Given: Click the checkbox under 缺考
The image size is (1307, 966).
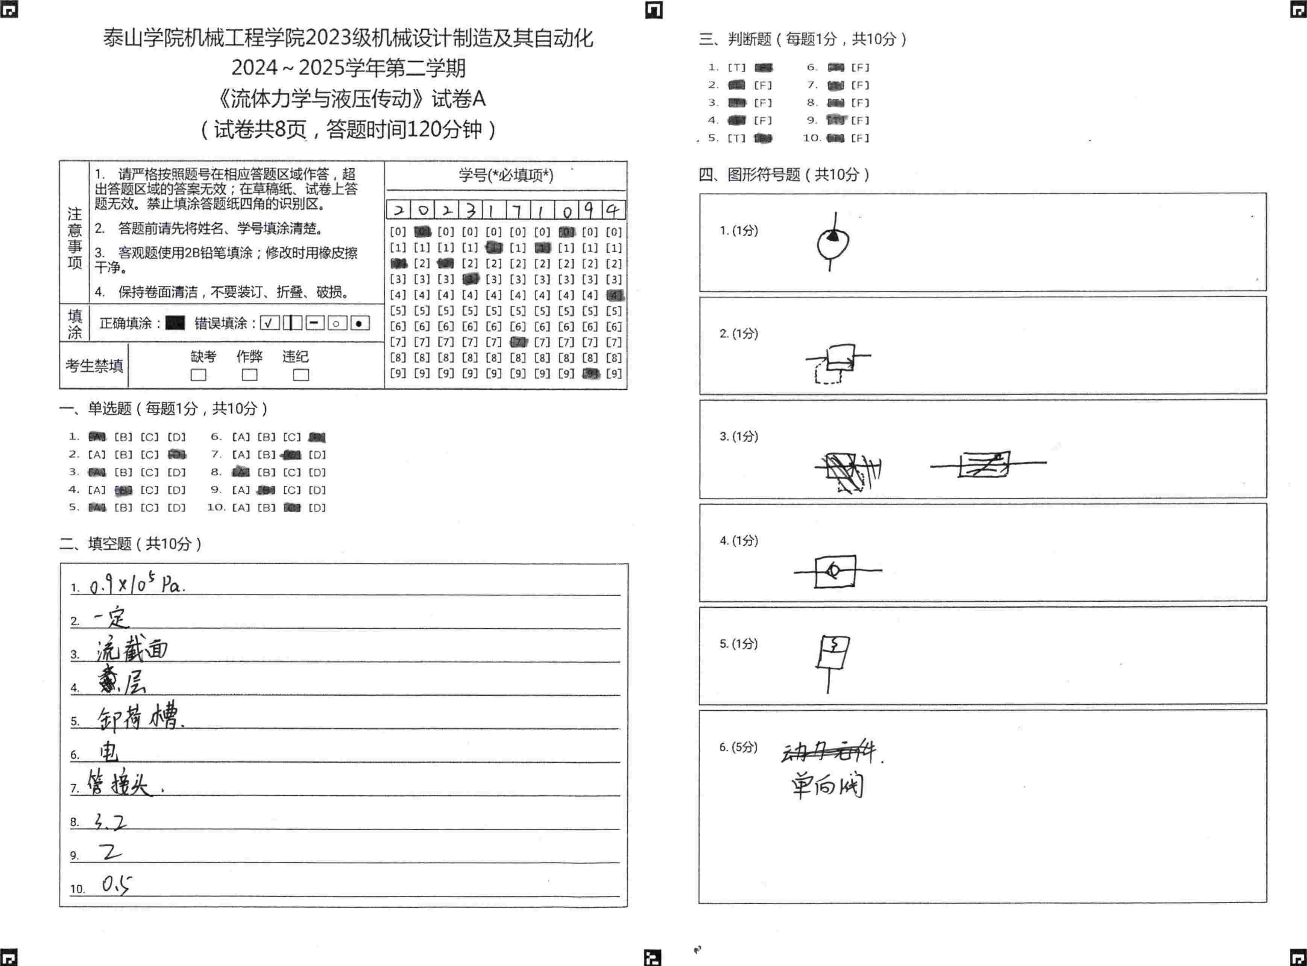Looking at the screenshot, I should point(198,375).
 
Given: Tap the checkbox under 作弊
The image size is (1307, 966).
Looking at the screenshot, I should point(250,375).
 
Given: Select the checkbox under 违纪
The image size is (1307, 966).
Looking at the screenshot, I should point(301,375).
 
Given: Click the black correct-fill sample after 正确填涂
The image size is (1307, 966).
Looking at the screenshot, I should point(175,323).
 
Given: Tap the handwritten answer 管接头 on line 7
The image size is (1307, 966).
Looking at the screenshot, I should point(120,784).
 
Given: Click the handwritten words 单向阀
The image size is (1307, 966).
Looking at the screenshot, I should point(827,785).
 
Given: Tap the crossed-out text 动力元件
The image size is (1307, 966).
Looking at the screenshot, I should point(829,752).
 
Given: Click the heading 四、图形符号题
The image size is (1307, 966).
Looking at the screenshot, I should point(783,174).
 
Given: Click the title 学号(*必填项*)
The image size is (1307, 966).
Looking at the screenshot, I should point(506,175).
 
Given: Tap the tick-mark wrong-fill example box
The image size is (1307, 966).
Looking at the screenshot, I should point(270,323).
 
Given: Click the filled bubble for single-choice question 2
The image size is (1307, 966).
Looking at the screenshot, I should point(177,454).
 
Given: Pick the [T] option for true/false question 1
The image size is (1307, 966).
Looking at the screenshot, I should point(736,68).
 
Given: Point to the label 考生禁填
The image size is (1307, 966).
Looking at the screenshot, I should point(94,366).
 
